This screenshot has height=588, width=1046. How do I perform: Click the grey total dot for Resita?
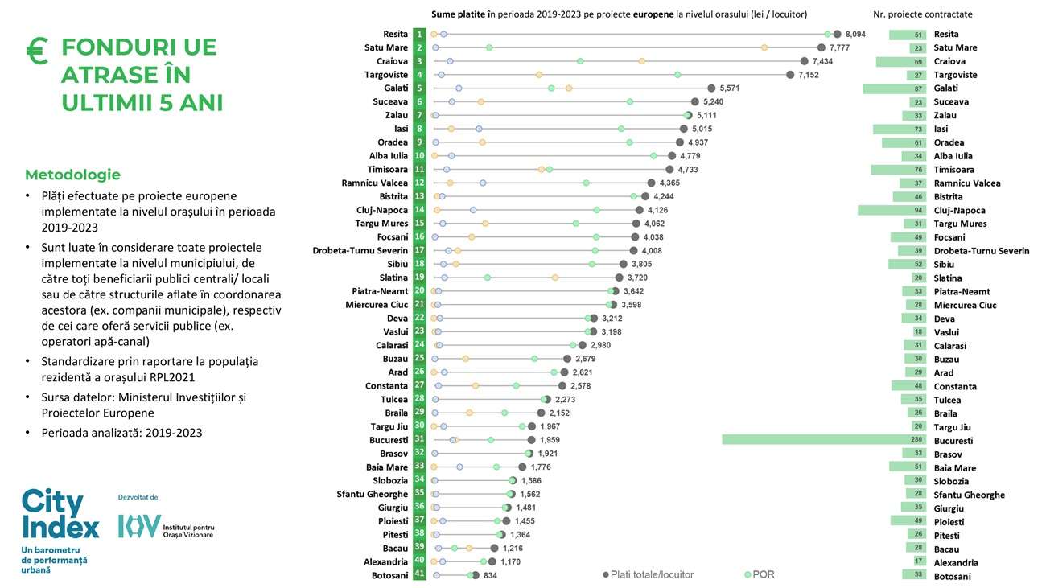pos(837,34)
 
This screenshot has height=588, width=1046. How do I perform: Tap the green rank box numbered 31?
pos(419,440)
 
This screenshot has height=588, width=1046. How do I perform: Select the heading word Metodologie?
pos(72,175)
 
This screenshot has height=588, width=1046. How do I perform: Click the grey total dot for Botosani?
pos(476,575)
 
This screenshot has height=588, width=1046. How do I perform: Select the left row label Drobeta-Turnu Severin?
pos(360,250)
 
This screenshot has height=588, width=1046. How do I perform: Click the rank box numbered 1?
pos(419,34)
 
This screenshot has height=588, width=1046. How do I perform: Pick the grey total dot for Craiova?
pos(804,61)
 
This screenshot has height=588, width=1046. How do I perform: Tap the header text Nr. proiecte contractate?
pos(922,14)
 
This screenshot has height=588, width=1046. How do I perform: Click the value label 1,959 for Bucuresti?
pos(548,440)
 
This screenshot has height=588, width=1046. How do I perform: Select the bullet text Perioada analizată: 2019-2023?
pos(121,433)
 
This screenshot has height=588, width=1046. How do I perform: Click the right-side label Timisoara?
pos(953,170)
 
